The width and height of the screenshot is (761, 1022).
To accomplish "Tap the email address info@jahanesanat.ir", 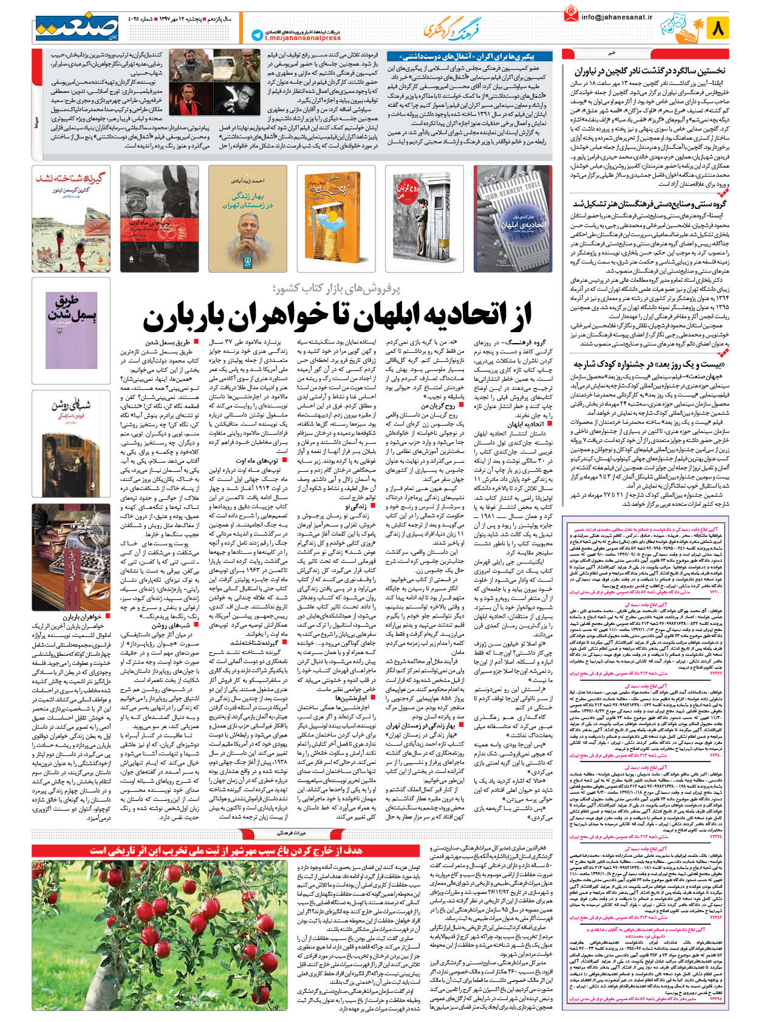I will [616, 17].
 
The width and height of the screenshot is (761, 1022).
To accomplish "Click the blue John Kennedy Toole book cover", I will [513, 218].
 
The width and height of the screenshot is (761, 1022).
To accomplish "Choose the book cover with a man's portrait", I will [248, 218].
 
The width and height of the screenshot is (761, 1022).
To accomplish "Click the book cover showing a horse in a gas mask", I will [159, 218].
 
